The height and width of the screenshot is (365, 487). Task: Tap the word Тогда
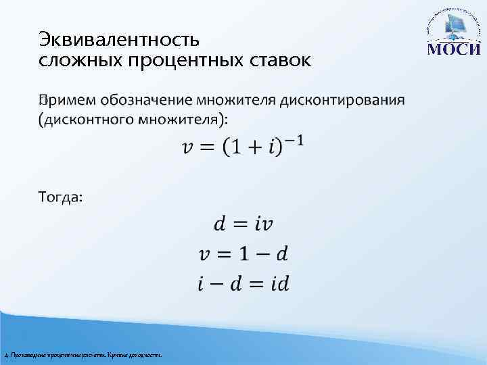(x=60, y=197)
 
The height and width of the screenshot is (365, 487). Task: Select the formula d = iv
(x=243, y=222)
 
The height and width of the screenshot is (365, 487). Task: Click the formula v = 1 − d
(x=243, y=253)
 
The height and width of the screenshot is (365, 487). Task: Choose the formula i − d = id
(x=243, y=283)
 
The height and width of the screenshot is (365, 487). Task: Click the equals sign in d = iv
(x=243, y=223)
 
